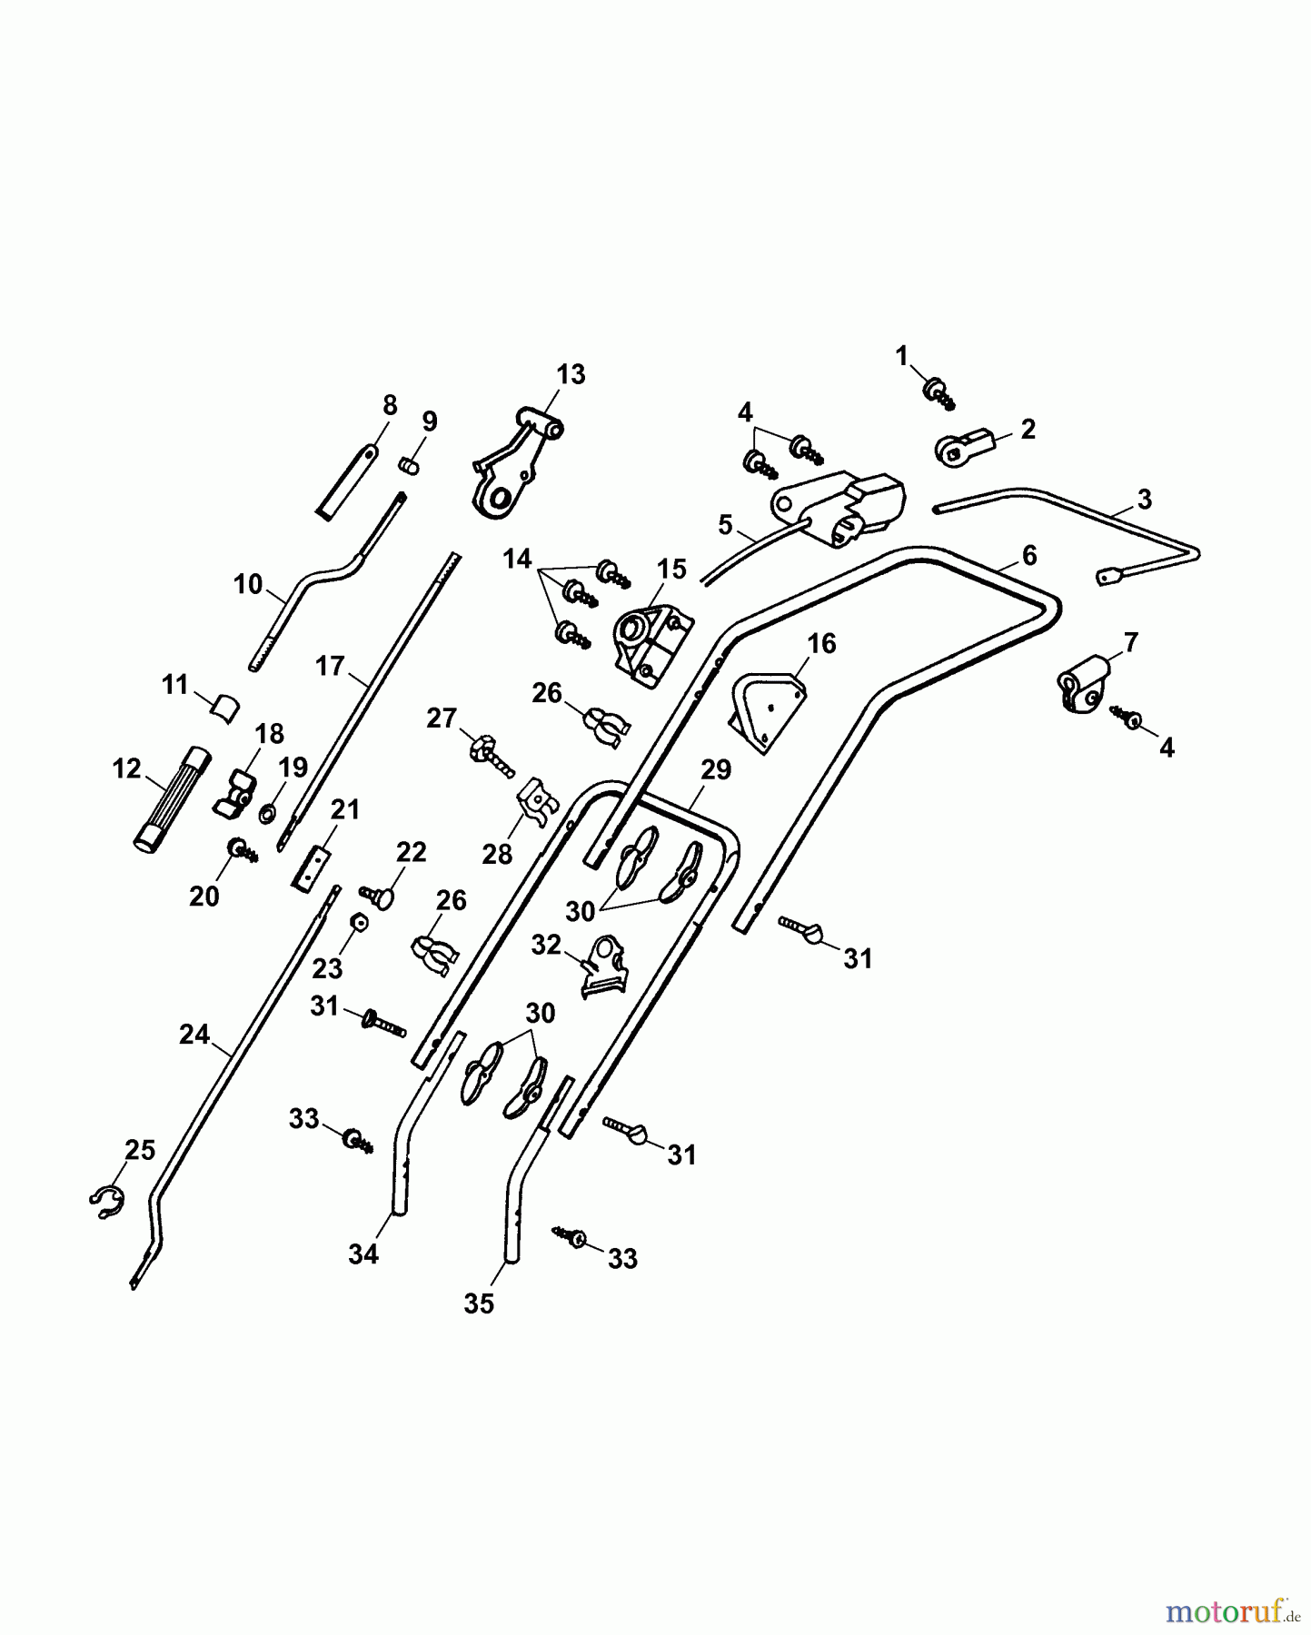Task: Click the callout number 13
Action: [571, 374]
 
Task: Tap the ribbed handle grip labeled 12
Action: [169, 798]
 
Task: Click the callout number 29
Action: [716, 770]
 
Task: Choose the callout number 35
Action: [479, 1303]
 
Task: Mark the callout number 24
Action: [194, 1035]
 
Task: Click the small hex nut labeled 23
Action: [360, 924]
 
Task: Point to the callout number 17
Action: [329, 666]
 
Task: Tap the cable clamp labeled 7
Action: [1085, 685]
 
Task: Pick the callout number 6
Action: [1028, 554]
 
